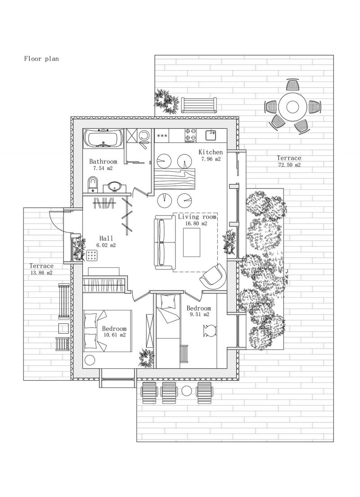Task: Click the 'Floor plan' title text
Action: click(x=41, y=58)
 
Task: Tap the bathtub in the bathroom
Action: click(x=103, y=139)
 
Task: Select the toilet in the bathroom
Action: click(x=93, y=184)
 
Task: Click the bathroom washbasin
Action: click(x=114, y=187)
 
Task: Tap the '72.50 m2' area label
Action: click(x=289, y=165)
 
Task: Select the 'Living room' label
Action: click(x=197, y=217)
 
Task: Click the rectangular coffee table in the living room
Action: click(x=192, y=242)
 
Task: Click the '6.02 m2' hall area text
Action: click(x=106, y=245)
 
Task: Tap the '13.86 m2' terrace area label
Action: click(x=41, y=273)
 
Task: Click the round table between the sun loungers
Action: click(x=187, y=391)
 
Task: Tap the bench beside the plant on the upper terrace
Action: click(x=199, y=106)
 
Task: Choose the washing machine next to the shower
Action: click(x=144, y=136)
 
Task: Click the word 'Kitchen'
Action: click(x=211, y=152)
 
